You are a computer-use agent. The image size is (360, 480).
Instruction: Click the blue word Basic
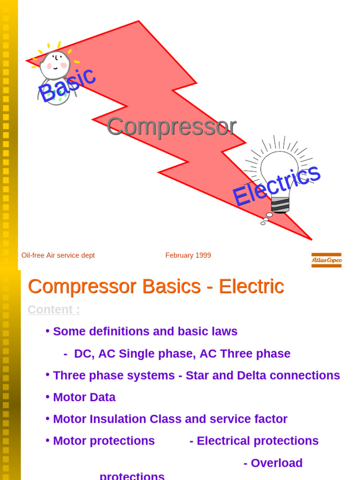[x=67, y=84]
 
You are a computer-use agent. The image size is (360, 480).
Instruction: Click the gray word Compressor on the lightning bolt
[x=171, y=126]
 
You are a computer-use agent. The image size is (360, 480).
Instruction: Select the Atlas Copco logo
[x=326, y=260]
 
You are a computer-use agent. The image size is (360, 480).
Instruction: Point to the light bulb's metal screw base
[x=280, y=205]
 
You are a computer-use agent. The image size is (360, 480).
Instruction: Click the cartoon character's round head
[x=55, y=65]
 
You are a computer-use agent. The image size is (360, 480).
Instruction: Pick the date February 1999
[x=188, y=255]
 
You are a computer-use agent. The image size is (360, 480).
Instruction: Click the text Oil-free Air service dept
[x=58, y=255]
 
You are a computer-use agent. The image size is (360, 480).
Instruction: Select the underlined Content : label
[x=53, y=310]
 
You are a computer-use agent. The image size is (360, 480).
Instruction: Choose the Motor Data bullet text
[x=84, y=397]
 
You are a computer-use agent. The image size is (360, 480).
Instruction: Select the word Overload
[x=277, y=463]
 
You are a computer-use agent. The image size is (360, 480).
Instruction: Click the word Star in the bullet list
[x=197, y=375]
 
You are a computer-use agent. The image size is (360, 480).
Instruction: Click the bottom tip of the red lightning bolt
[x=311, y=240]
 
